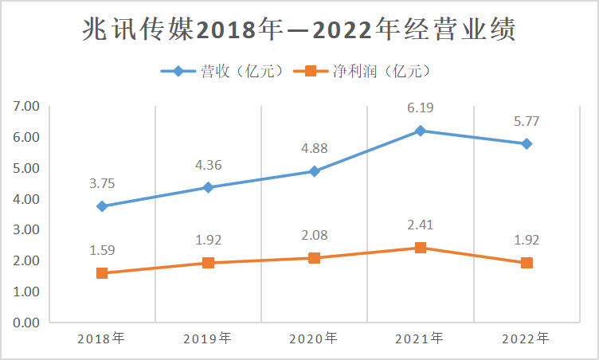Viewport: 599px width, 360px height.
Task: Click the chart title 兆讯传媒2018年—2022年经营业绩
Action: [299, 29]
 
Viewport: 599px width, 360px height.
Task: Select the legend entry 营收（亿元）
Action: [222, 71]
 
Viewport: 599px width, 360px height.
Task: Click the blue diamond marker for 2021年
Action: [420, 131]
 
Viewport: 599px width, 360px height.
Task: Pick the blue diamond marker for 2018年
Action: [102, 206]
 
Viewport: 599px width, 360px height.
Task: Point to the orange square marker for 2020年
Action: [314, 258]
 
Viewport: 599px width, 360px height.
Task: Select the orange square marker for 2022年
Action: [527, 263]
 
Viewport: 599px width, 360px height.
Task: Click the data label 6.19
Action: [420, 108]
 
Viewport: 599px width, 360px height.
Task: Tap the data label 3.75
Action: [102, 183]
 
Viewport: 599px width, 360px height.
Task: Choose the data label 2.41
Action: [420, 225]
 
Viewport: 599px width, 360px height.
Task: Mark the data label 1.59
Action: [102, 250]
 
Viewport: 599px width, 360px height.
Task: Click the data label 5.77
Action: [527, 121]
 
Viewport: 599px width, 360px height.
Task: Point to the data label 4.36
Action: [208, 165]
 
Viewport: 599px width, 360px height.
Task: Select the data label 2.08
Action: [314, 235]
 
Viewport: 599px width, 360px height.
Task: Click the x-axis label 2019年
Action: [208, 338]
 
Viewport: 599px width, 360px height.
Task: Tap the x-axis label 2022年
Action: [527, 338]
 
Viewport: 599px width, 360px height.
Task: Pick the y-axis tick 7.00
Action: [26, 106]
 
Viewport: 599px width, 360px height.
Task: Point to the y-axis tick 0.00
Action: [26, 323]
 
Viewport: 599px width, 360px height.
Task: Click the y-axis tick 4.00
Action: [26, 199]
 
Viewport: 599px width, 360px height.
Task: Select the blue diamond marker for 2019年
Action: [208, 187]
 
